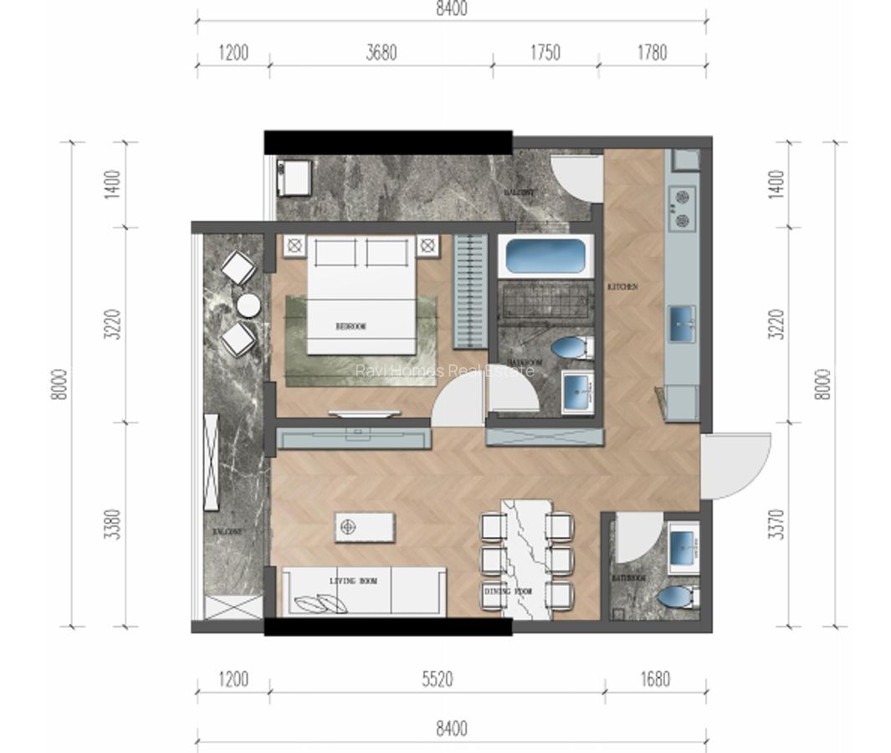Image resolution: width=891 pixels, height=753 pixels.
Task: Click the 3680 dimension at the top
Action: click(x=381, y=53)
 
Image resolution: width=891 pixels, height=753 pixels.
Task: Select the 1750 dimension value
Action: click(x=545, y=53)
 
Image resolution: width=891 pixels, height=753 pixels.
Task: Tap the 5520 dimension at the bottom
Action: click(x=437, y=679)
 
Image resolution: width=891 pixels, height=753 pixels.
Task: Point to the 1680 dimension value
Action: click(x=655, y=679)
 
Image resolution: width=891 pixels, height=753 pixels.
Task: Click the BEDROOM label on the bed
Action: click(x=351, y=326)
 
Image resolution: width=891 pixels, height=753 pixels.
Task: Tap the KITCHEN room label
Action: click(x=622, y=287)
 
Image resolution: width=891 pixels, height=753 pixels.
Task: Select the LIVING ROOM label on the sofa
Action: click(x=352, y=580)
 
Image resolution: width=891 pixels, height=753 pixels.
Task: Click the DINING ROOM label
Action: click(x=508, y=592)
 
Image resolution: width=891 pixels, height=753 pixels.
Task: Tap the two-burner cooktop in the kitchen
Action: click(x=682, y=208)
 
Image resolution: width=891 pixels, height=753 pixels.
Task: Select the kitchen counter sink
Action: click(x=682, y=324)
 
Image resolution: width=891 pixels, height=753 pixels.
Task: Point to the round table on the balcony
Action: click(x=248, y=305)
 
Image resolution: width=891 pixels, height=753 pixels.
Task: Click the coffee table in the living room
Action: click(x=364, y=526)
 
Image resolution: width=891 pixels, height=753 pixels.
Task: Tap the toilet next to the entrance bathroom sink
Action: click(x=676, y=598)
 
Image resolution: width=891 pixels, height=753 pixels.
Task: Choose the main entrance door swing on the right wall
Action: click(x=734, y=465)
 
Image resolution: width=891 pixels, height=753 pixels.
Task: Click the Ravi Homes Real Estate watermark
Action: click(x=444, y=370)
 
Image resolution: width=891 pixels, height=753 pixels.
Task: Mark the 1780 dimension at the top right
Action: click(x=652, y=53)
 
